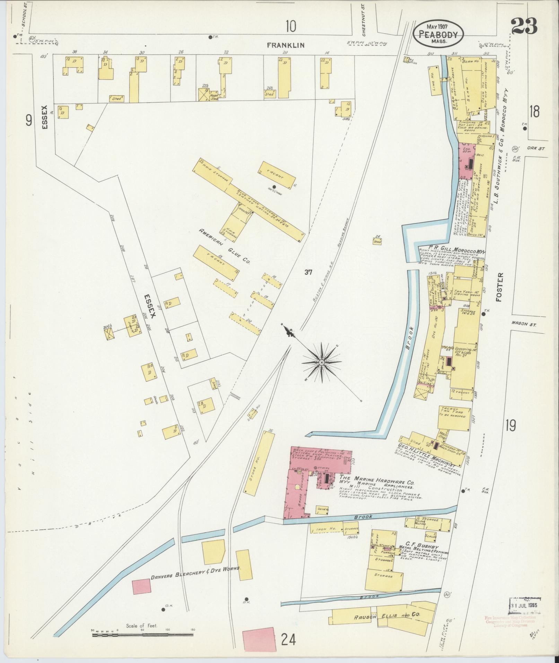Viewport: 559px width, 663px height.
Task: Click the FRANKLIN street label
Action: (286, 45)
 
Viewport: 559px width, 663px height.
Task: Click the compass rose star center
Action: (322, 363)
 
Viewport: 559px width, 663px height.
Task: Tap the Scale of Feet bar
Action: (142, 635)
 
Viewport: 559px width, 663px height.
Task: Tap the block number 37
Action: (308, 272)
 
